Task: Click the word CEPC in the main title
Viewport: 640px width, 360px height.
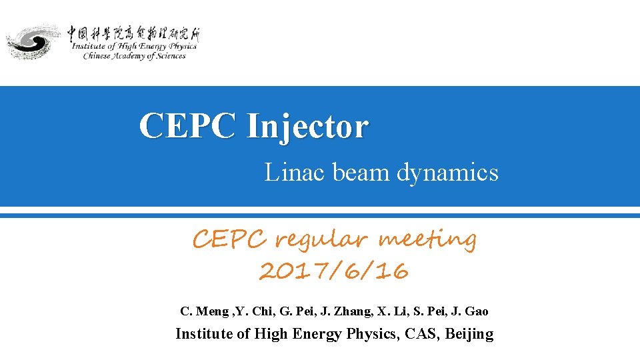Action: [187, 125]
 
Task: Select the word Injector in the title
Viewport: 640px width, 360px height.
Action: [307, 125]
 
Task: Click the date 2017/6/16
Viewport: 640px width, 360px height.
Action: [333, 271]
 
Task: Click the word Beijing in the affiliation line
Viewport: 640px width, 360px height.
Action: [469, 334]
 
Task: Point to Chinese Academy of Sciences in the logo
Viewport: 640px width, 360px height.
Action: [134, 57]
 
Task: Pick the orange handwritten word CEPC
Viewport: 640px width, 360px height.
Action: [230, 238]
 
